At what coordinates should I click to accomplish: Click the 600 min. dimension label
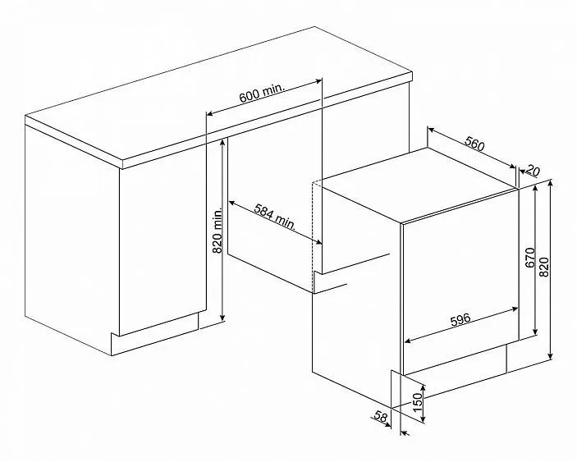coord(262,94)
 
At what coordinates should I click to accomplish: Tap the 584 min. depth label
coord(275,217)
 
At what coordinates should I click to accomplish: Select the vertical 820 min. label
coord(218,231)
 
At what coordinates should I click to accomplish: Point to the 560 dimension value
coord(474,144)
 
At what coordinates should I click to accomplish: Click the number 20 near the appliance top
coord(533,171)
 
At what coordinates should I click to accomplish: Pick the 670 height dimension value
coord(530,258)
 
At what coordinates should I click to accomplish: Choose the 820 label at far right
coord(544,267)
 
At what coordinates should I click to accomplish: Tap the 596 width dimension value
coord(460,319)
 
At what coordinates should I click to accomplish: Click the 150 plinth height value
coord(417,402)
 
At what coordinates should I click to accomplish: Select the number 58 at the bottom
coord(381,416)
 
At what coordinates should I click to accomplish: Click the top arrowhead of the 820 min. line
coord(222,142)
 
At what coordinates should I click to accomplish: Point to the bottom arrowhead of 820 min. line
coord(222,318)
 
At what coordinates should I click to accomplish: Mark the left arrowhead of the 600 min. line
coord(209,113)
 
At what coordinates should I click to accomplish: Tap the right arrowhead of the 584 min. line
coord(318,242)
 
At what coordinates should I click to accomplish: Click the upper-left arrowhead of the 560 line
coord(431,129)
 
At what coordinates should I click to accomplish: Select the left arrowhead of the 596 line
coord(408,341)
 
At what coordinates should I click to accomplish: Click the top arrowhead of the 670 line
coord(535,189)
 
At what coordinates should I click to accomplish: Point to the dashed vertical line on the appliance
coord(313,238)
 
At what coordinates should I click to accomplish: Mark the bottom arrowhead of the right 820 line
coord(550,356)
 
